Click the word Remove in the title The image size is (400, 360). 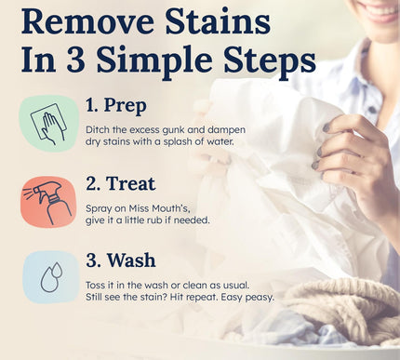(87, 21)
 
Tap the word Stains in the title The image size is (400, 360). (218, 21)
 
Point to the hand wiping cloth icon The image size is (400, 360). (49, 124)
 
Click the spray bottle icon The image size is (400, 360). (49, 202)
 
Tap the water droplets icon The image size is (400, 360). (51, 277)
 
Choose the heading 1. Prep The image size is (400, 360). (115, 105)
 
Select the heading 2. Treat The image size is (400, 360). (120, 183)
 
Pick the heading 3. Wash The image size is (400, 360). (121, 260)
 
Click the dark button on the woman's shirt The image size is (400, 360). (372, 110)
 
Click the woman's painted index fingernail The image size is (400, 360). (327, 127)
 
